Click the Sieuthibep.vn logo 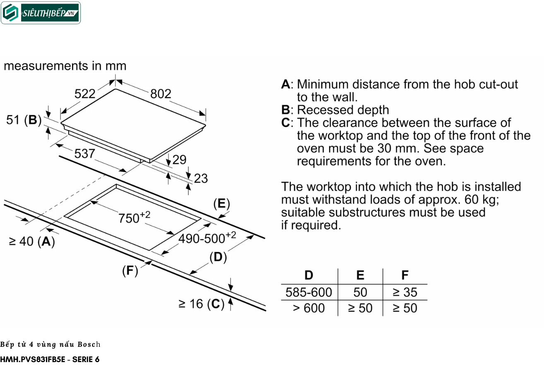(41, 13)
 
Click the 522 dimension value (85, 94)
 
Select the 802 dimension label (161, 94)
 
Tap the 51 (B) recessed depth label (24, 120)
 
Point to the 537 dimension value (84, 154)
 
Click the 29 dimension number (179, 160)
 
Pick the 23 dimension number (201, 179)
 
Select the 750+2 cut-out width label (134, 217)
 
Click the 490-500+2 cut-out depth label (207, 237)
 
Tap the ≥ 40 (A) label (32, 242)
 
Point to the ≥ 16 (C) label (201, 304)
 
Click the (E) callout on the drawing (221, 204)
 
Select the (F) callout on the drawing (130, 271)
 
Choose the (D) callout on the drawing (218, 257)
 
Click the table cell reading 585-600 (309, 292)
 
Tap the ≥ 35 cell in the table (405, 292)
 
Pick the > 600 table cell (309, 308)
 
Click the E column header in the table (360, 276)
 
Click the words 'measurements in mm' (65, 66)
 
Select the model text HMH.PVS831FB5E (33, 360)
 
